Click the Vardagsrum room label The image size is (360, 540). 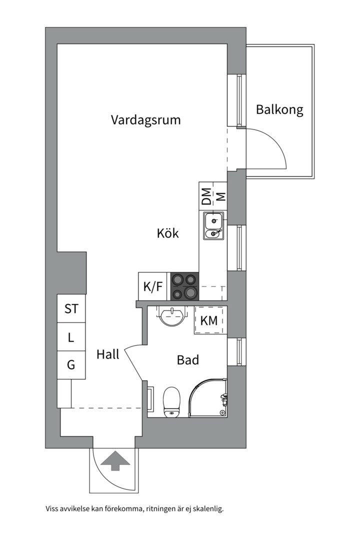pyautogui.click(x=145, y=120)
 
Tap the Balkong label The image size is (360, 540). pyautogui.click(x=279, y=109)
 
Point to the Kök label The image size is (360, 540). pyautogui.click(x=167, y=233)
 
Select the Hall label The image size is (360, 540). pyautogui.click(x=108, y=354)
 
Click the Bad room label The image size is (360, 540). pyautogui.click(x=188, y=359)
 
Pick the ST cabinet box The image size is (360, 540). pyautogui.click(x=71, y=308)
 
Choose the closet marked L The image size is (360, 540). pyautogui.click(x=71, y=337)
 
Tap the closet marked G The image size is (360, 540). pyautogui.click(x=71, y=365)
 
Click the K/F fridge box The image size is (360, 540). pyautogui.click(x=153, y=286)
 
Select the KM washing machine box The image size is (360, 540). pyautogui.click(x=209, y=320)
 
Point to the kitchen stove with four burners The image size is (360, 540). pyautogui.click(x=184, y=286)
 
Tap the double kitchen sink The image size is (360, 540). pyautogui.click(x=213, y=226)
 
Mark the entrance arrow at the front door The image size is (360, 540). pyautogui.click(x=114, y=460)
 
